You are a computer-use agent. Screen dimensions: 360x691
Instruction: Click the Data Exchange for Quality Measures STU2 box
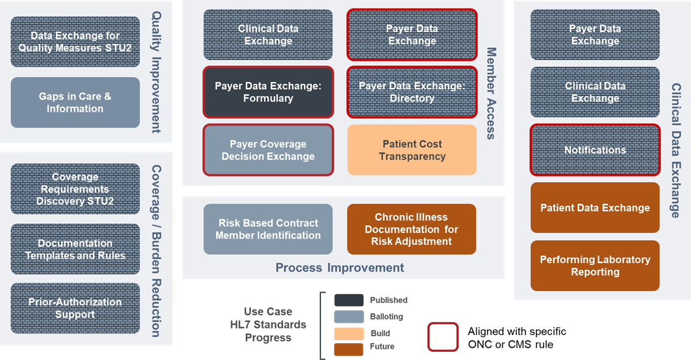(x=75, y=41)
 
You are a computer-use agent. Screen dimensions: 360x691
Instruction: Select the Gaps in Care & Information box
(x=75, y=103)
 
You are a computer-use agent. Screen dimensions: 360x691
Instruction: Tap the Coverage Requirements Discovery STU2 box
(x=75, y=189)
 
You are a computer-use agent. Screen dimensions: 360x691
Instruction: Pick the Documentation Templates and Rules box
(x=75, y=249)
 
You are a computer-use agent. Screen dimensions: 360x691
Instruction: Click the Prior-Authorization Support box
(x=75, y=308)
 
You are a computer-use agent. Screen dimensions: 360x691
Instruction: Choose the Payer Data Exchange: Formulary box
(x=268, y=92)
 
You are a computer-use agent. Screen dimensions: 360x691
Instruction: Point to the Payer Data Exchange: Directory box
(x=412, y=92)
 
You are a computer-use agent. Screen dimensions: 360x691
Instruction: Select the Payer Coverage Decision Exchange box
(x=268, y=150)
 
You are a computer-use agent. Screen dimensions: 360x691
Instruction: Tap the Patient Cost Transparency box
(x=412, y=150)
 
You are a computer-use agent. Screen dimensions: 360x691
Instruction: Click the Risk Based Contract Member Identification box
(x=268, y=229)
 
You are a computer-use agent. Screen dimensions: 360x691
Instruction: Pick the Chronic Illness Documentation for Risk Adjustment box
(x=411, y=229)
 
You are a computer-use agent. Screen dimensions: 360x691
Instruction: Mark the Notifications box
(x=595, y=150)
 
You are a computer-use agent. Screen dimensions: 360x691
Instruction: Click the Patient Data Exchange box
(x=595, y=207)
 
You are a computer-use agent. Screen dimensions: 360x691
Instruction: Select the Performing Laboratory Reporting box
(x=595, y=266)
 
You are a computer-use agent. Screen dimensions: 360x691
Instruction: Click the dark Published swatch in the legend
(x=349, y=301)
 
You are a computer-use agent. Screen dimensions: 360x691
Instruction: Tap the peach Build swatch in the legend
(x=349, y=334)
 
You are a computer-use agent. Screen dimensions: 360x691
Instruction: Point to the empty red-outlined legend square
(x=443, y=337)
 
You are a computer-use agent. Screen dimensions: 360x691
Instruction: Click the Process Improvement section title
(x=340, y=268)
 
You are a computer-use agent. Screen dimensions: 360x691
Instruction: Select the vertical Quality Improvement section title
(x=156, y=72)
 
